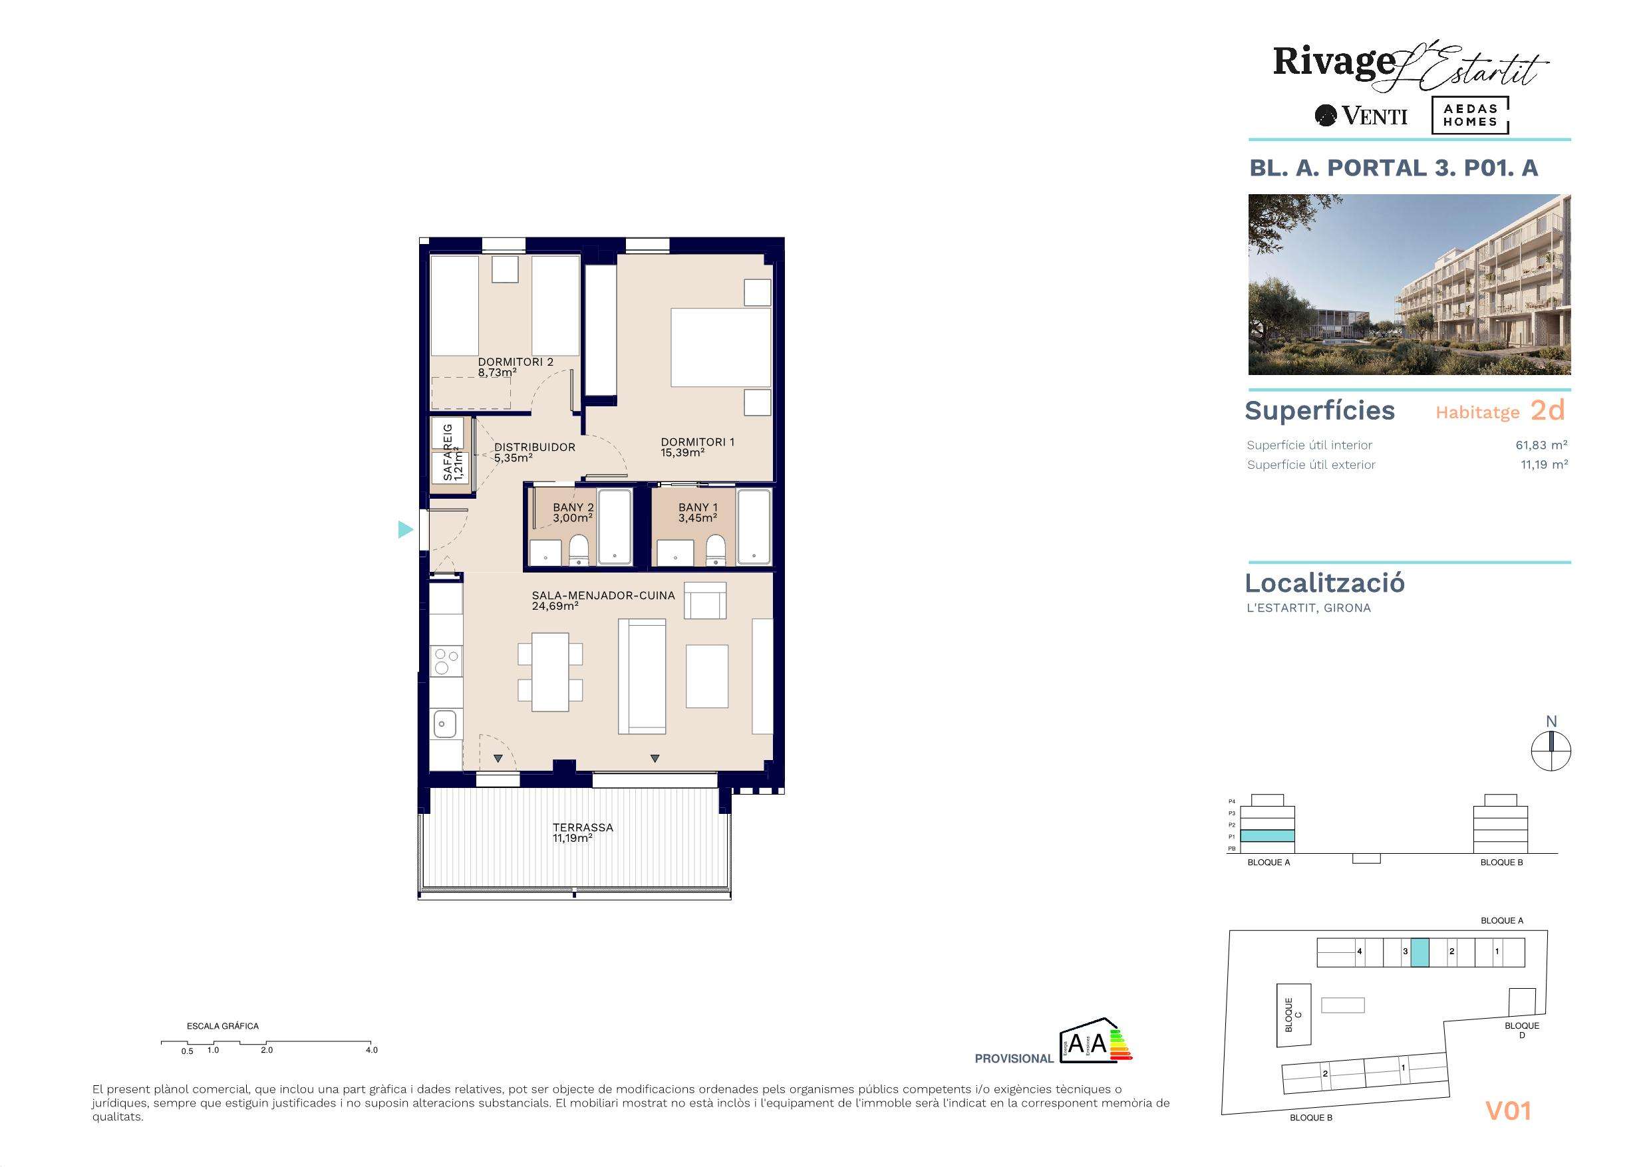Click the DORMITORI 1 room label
click(x=698, y=442)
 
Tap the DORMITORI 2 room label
click(x=516, y=362)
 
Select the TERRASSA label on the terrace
click(x=583, y=828)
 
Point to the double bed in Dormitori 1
click(x=720, y=348)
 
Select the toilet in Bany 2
click(x=578, y=550)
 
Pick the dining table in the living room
click(x=550, y=672)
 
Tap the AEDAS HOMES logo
click(x=1470, y=115)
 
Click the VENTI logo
click(x=1361, y=116)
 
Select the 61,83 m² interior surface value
click(x=1542, y=445)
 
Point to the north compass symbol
click(x=1551, y=752)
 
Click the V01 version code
click(x=1508, y=1111)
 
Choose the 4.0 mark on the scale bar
click(x=371, y=1050)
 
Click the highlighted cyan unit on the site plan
click(x=1420, y=953)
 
